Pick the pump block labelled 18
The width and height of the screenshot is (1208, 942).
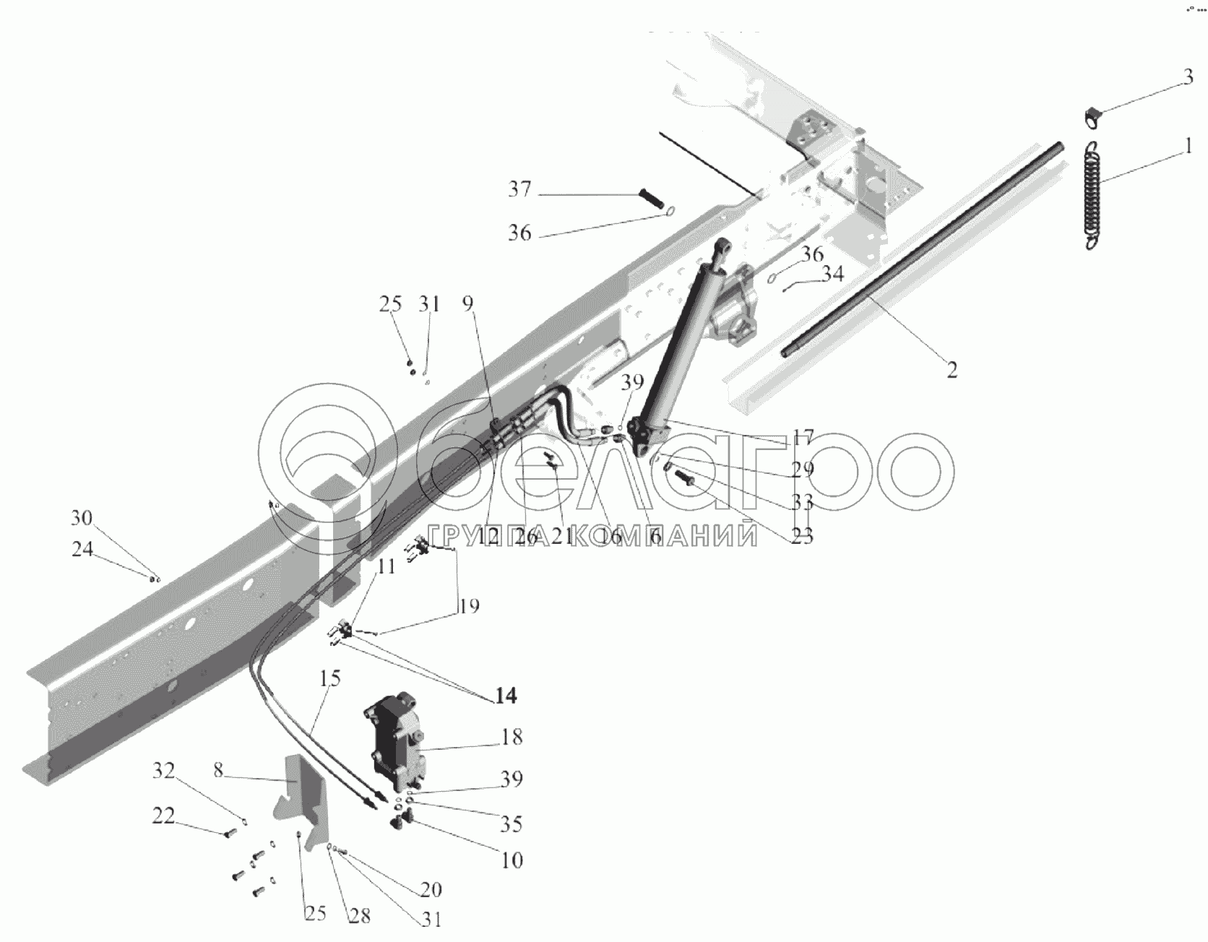(x=394, y=744)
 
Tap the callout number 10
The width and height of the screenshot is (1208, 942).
(x=511, y=860)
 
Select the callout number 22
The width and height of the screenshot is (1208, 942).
(x=163, y=816)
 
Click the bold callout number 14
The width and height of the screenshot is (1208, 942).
(x=506, y=696)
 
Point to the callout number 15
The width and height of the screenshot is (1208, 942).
(x=330, y=679)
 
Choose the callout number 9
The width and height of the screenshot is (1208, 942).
(x=468, y=303)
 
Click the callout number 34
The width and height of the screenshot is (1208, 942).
(x=833, y=274)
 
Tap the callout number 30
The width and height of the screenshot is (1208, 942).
(x=82, y=517)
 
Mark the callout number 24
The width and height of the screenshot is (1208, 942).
(x=82, y=549)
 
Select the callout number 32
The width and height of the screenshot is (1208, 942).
(x=163, y=771)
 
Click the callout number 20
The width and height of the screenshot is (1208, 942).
(x=431, y=889)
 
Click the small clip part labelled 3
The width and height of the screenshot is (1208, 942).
(x=1095, y=116)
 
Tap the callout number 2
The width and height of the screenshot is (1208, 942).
(x=952, y=370)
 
